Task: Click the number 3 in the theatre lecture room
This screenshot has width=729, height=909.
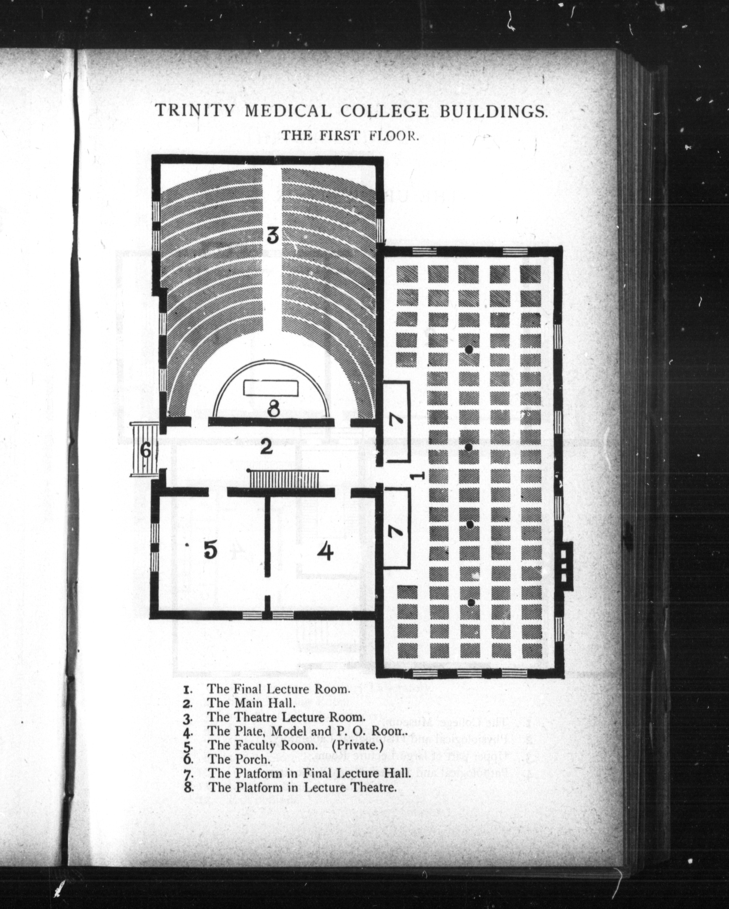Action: (x=273, y=236)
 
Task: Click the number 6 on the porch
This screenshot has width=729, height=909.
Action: (x=145, y=451)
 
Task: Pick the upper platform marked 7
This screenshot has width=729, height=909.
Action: (x=396, y=421)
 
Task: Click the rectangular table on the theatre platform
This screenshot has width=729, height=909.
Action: (x=271, y=388)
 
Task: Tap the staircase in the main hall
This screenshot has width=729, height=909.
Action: (x=289, y=479)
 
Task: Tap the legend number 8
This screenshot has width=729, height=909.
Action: (x=189, y=788)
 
